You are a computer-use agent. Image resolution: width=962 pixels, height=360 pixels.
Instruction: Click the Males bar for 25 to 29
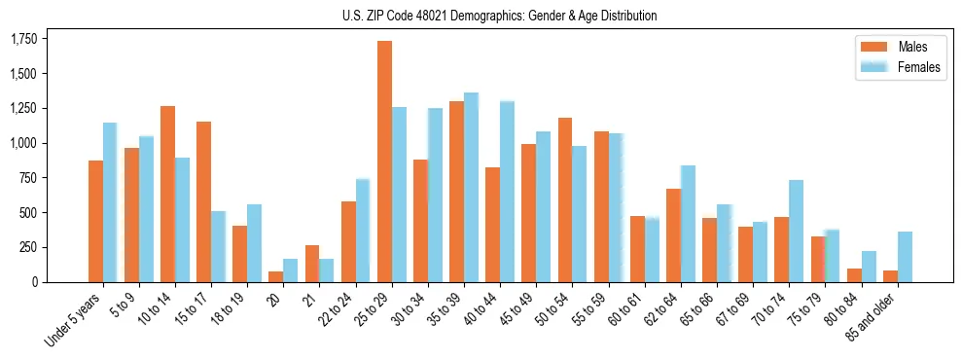click(384, 162)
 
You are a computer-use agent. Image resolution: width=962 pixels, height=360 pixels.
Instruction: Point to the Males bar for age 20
click(276, 276)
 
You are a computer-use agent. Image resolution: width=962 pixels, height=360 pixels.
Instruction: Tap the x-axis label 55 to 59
click(590, 309)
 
